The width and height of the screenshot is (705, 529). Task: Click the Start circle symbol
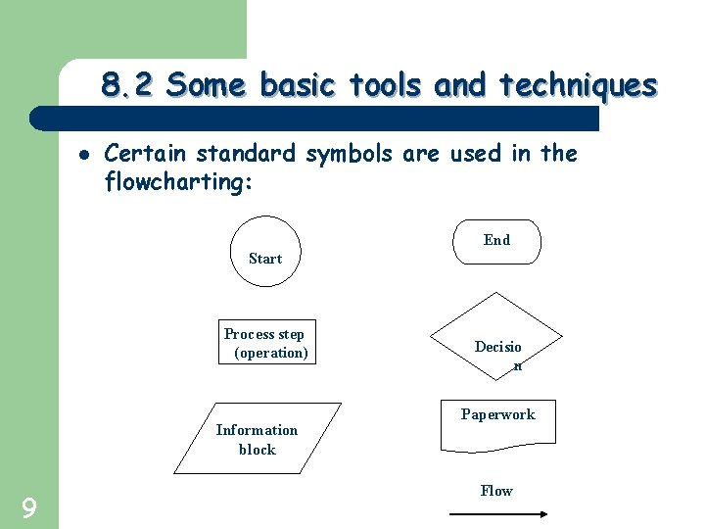pos(265,251)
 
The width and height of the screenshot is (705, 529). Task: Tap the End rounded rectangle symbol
pos(496,242)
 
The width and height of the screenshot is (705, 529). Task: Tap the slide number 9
pos(29,507)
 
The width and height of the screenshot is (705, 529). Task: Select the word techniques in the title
pos(578,86)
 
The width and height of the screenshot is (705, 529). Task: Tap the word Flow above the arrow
pos(496,491)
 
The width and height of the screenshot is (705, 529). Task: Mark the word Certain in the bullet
pos(147,154)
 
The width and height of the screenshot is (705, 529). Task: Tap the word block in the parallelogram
pos(258,450)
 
